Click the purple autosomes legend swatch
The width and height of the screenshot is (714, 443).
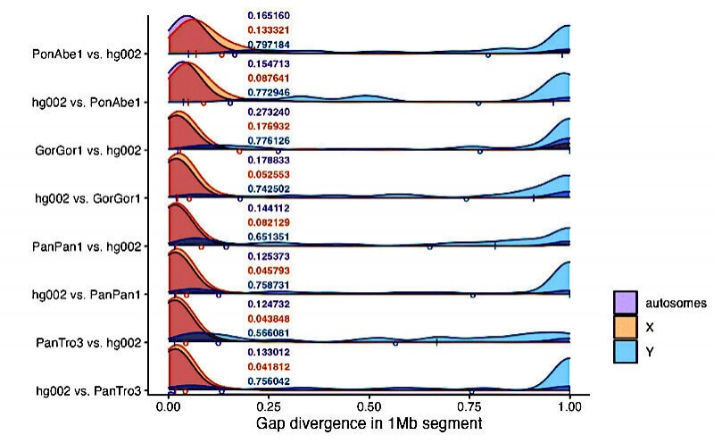click(625, 303)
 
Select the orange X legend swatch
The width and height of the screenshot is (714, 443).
click(625, 328)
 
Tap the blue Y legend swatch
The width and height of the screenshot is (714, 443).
click(625, 353)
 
